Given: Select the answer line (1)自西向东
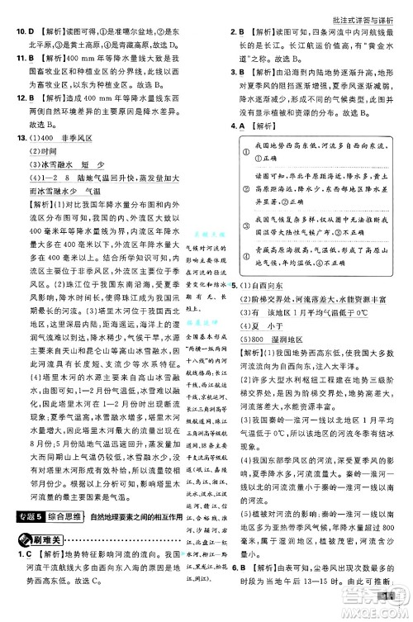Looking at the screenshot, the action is coord(265,284).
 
